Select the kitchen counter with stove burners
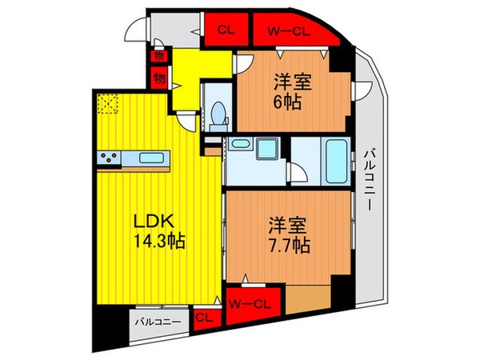134,158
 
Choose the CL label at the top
226,31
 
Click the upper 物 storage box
158,58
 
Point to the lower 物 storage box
158,78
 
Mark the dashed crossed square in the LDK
106,103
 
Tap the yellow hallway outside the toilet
187,76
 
